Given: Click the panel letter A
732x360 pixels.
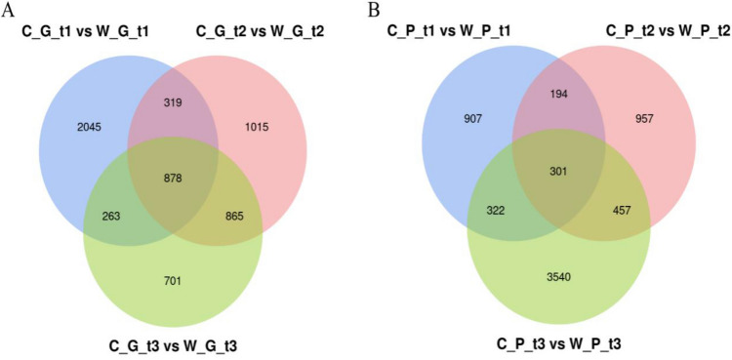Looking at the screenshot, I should (9, 11).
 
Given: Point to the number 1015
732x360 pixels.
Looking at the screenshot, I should (256, 127).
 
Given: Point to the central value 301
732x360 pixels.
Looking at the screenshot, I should (556, 173).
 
